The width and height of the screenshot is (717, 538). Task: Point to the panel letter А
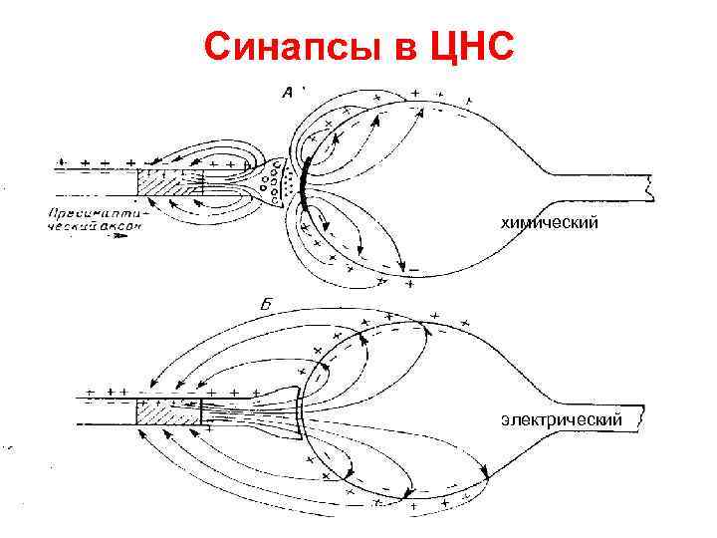288,93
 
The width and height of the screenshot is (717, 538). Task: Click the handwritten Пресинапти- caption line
95,212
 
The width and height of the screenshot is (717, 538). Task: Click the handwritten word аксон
123,227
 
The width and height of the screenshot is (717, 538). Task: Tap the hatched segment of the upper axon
169,184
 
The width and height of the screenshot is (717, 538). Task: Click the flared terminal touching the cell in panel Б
284,410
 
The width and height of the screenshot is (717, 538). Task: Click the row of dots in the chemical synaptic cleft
293,180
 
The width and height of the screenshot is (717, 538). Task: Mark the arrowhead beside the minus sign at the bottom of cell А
401,268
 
